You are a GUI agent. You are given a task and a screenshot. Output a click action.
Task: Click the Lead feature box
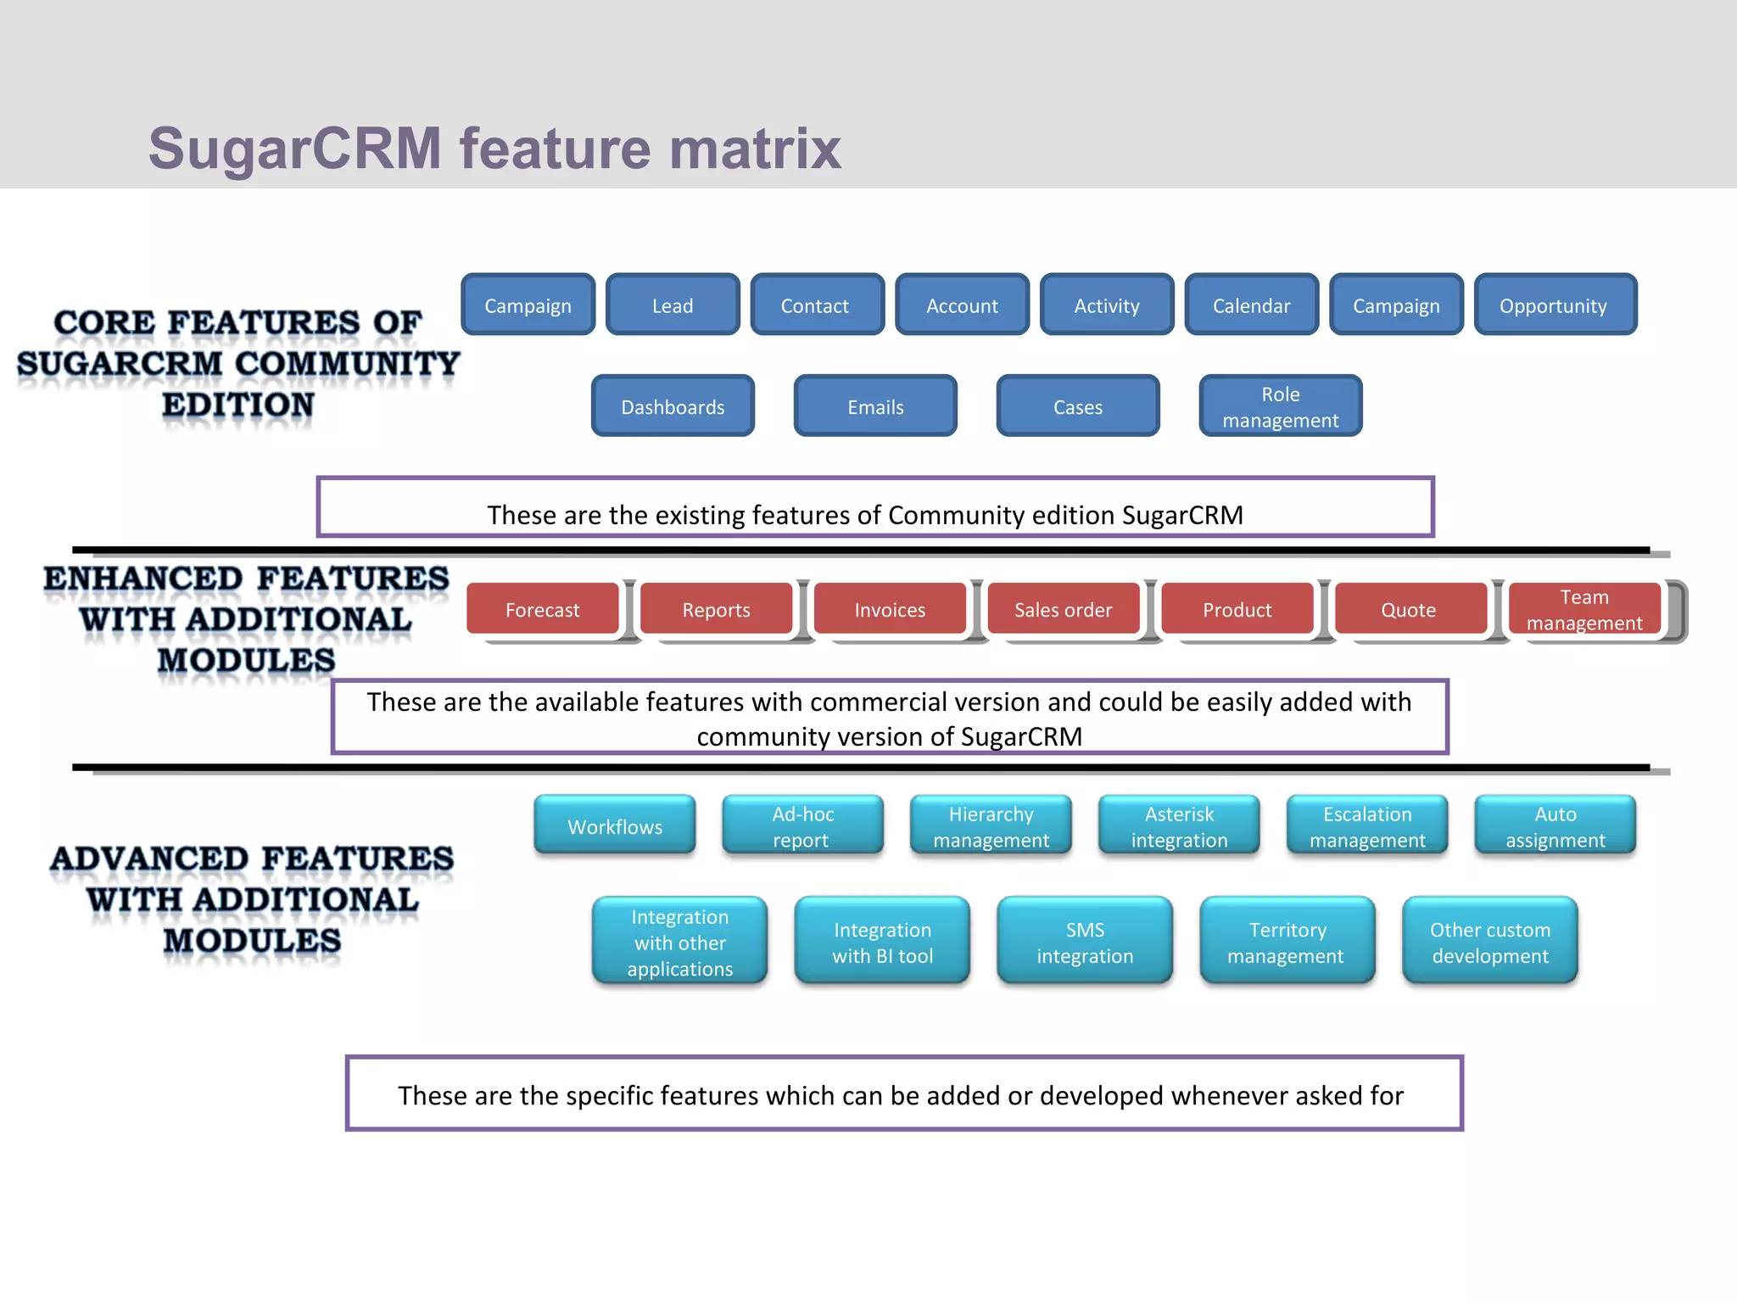point(673,305)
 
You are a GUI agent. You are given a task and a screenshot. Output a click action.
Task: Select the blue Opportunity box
point(1555,305)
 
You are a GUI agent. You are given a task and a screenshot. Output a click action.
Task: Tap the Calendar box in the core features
point(1251,305)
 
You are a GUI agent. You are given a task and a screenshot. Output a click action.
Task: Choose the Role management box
point(1280,407)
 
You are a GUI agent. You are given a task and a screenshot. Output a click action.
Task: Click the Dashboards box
point(673,407)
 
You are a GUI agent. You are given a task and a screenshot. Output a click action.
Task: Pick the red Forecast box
point(543,609)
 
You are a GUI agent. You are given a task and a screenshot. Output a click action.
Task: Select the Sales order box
point(1063,609)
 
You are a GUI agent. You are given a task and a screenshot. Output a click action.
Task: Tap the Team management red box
point(1583,609)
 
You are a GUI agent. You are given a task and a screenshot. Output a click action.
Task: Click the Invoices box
point(890,609)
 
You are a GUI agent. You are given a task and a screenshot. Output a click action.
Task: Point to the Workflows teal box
point(615,826)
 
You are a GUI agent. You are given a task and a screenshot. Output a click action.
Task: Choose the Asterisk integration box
point(1179,826)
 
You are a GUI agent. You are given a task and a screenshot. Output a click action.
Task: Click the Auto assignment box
point(1555,826)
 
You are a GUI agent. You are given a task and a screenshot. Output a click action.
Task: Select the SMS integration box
point(1085,942)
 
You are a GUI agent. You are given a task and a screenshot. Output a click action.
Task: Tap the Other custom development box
point(1490,942)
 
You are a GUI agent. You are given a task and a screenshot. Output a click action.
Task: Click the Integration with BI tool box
point(882,942)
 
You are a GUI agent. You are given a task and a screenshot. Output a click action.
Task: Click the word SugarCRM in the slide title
point(294,149)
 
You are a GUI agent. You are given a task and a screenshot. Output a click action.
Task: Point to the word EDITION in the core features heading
point(238,405)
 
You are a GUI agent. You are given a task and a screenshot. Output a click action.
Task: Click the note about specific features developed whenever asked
point(903,1094)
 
